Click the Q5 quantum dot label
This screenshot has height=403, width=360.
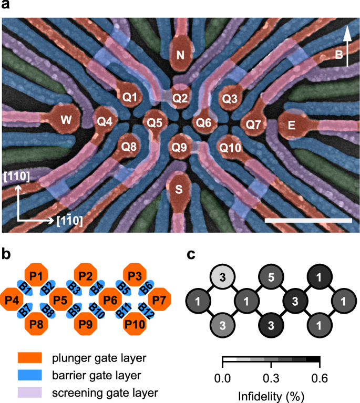[155, 123]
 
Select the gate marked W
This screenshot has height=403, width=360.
[66, 119]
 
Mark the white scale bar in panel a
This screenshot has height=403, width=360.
[308, 220]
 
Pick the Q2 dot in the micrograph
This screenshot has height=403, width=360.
[180, 97]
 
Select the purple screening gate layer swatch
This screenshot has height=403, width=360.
[30, 391]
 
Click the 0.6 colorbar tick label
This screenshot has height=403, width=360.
[320, 377]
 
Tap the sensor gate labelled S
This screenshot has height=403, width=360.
[180, 190]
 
